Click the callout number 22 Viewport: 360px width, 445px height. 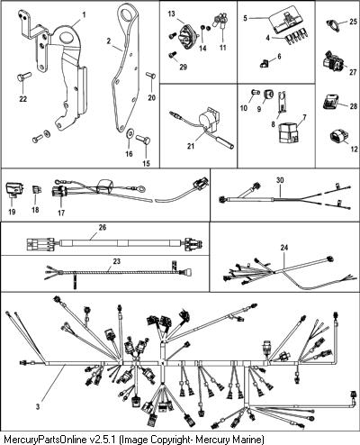coord(23,99)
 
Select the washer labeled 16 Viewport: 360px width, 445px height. coord(130,133)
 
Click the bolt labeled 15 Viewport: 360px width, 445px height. coord(143,140)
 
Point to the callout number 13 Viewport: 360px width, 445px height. coord(171,14)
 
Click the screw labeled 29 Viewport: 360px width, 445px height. coord(174,55)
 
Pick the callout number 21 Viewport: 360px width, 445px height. coord(191,146)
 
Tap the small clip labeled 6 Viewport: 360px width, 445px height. coord(264,63)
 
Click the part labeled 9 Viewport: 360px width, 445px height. coord(268,95)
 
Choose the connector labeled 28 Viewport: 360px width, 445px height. coord(331,102)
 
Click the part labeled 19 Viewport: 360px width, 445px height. coord(13,189)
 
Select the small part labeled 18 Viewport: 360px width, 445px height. coord(37,190)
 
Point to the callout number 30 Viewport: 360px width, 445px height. coord(280,180)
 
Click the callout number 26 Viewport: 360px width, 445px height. coord(103,227)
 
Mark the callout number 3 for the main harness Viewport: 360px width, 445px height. coord(38,407)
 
